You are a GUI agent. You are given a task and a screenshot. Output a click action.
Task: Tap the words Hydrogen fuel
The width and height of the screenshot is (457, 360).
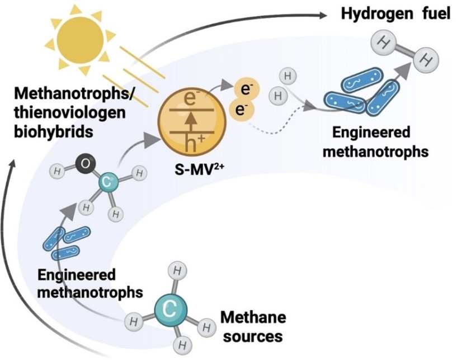[396, 13]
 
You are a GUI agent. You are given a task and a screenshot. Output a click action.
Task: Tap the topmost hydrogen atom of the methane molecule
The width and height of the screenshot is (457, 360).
[178, 272]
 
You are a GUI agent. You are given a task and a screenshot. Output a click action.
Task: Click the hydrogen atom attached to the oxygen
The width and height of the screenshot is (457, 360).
[59, 170]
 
